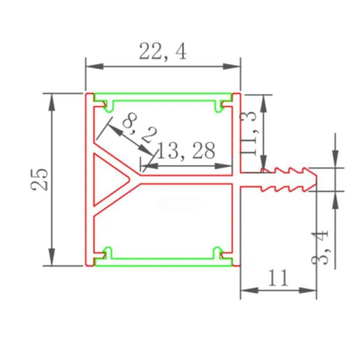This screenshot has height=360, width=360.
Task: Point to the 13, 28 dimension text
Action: point(186,150)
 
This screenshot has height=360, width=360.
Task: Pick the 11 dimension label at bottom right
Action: point(278,278)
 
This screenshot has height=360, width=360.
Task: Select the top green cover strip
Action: point(163,97)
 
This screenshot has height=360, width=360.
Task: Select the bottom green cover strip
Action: point(163,262)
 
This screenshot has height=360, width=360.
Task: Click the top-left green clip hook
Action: point(108,105)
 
